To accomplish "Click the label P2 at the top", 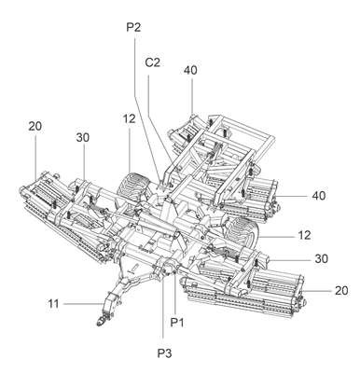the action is (x=133, y=27).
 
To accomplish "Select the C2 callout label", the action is (x=153, y=62).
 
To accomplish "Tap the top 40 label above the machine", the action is (x=190, y=70).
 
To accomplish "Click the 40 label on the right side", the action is (x=319, y=196).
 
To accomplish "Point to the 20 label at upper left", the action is (x=35, y=127).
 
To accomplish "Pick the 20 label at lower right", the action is (x=341, y=291).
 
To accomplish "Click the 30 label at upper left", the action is (x=82, y=137).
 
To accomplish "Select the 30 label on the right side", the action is (x=321, y=258).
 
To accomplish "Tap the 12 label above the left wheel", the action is (x=129, y=118).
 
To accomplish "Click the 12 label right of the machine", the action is (x=304, y=235).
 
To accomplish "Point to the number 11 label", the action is (x=53, y=303).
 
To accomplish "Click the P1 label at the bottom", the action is (x=177, y=323).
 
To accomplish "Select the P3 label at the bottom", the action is (x=164, y=353).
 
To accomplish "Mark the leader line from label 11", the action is (x=84, y=303).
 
